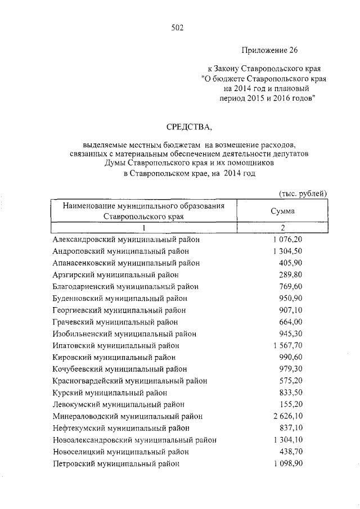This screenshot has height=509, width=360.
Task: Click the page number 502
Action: pyautogui.click(x=177, y=26)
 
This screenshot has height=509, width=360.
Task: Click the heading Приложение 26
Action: pyautogui.click(x=269, y=50)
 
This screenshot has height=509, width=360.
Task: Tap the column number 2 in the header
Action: pyautogui.click(x=283, y=228)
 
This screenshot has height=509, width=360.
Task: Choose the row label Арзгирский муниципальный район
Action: pyautogui.click(x=115, y=274)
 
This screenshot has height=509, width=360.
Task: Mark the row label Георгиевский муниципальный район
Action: pyautogui.click(x=119, y=310)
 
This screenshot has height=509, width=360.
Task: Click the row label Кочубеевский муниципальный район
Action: pyautogui.click(x=119, y=369)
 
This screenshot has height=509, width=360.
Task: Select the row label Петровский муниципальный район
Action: pyautogui.click(x=116, y=464)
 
